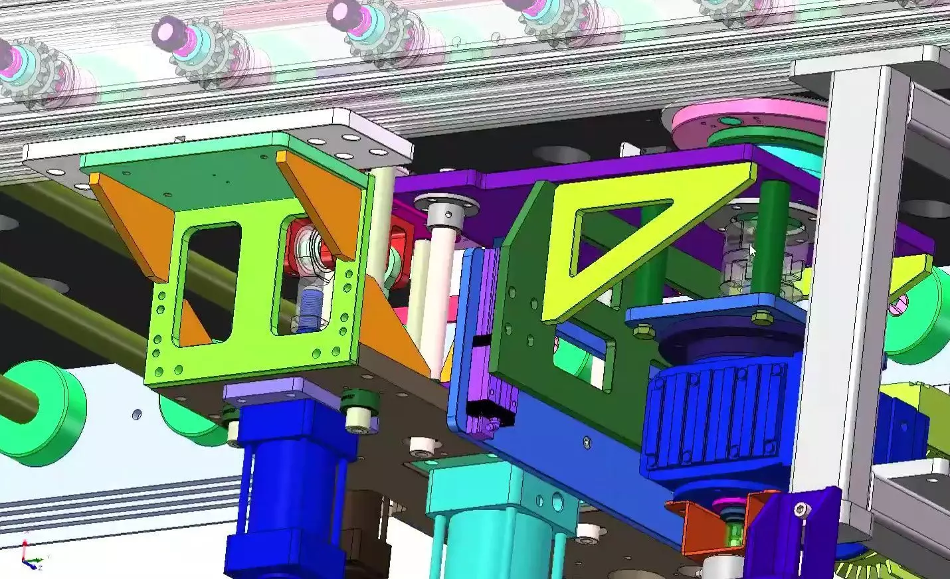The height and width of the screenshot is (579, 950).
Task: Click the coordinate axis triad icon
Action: [29, 552]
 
